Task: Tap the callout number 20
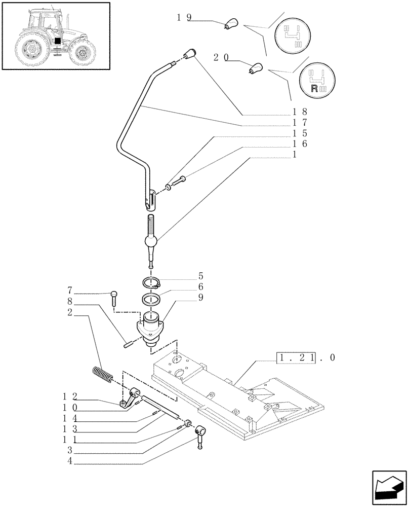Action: tap(220, 58)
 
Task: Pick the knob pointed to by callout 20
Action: tap(255, 68)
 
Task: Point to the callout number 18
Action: tap(300, 112)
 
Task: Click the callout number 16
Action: tap(300, 144)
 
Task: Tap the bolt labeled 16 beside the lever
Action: tap(178, 179)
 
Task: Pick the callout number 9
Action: tap(201, 298)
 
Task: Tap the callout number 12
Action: tap(70, 396)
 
